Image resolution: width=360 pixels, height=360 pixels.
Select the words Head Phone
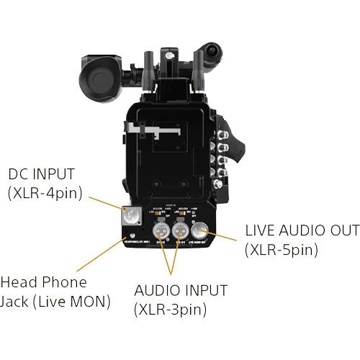pos(43,282)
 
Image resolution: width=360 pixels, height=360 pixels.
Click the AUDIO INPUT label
pos(181,291)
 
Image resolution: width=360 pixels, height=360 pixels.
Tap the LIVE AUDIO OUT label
pos(302,231)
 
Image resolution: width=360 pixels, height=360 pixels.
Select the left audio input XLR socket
pos(163,230)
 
